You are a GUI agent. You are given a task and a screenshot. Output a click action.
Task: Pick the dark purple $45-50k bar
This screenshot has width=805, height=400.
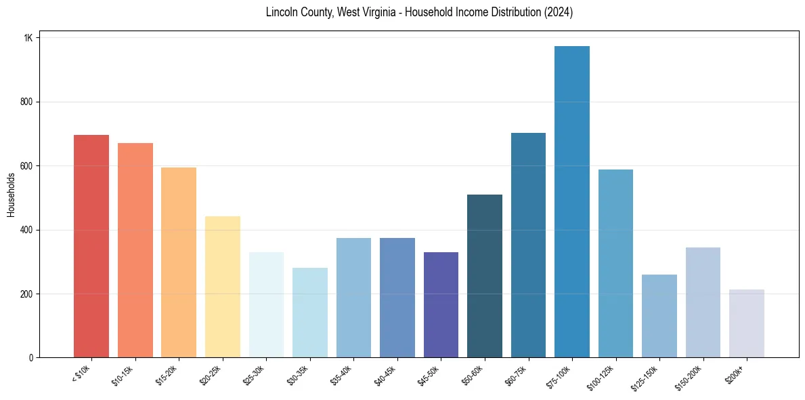pyautogui.click(x=441, y=304)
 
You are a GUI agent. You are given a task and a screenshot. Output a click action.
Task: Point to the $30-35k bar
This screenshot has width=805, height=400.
pyautogui.click(x=310, y=313)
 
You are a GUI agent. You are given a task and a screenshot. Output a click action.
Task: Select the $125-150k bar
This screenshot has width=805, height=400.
pyautogui.click(x=659, y=316)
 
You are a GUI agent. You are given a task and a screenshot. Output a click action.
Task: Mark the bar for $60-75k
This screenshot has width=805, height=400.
pyautogui.click(x=528, y=245)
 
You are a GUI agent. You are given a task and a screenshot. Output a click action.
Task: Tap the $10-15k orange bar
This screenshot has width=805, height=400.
pyautogui.click(x=135, y=250)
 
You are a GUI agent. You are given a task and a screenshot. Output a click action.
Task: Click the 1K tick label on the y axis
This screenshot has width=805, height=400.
pyautogui.click(x=28, y=38)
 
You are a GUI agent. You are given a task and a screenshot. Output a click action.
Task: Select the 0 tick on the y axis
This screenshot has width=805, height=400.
pyautogui.click(x=30, y=358)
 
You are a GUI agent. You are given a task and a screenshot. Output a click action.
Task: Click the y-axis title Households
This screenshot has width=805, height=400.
pyautogui.click(x=11, y=195)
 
